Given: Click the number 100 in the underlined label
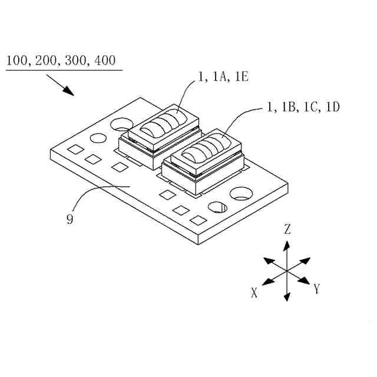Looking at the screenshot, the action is tap(16, 60).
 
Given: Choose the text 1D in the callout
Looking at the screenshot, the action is tap(331, 107).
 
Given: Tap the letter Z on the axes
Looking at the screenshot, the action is tap(287, 230).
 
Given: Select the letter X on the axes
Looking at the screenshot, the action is tap(254, 293).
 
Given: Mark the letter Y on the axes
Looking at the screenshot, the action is tap(317, 289).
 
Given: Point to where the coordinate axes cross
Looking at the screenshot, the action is tap(287, 270).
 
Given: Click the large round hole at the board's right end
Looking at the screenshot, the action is tap(242, 193).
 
